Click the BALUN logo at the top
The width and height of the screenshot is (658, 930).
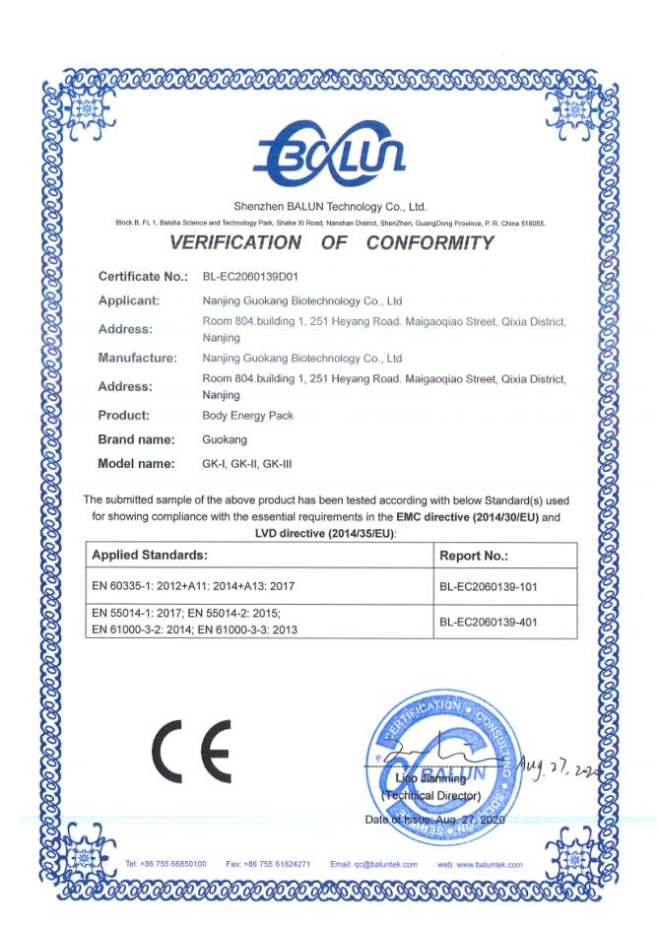tap(328, 154)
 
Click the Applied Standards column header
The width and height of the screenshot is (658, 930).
tap(149, 556)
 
